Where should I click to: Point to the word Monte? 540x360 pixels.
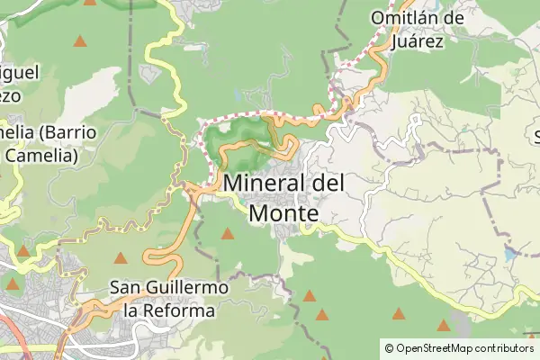pos(283,214)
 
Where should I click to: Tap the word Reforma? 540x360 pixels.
pos(179,310)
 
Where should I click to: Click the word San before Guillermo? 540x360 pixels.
pos(126,288)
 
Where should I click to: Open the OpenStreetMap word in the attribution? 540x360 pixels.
pos(436,347)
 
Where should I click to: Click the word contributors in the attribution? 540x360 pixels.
pos(505,347)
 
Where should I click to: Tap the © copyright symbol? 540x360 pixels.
pos(389,347)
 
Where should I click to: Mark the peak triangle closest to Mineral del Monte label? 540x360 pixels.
pos(228,235)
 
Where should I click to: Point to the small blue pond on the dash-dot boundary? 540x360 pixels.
pos(511,255)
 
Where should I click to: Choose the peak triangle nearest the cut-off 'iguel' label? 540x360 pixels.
pos(81,41)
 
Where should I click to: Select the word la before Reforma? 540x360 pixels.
pos(131,310)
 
